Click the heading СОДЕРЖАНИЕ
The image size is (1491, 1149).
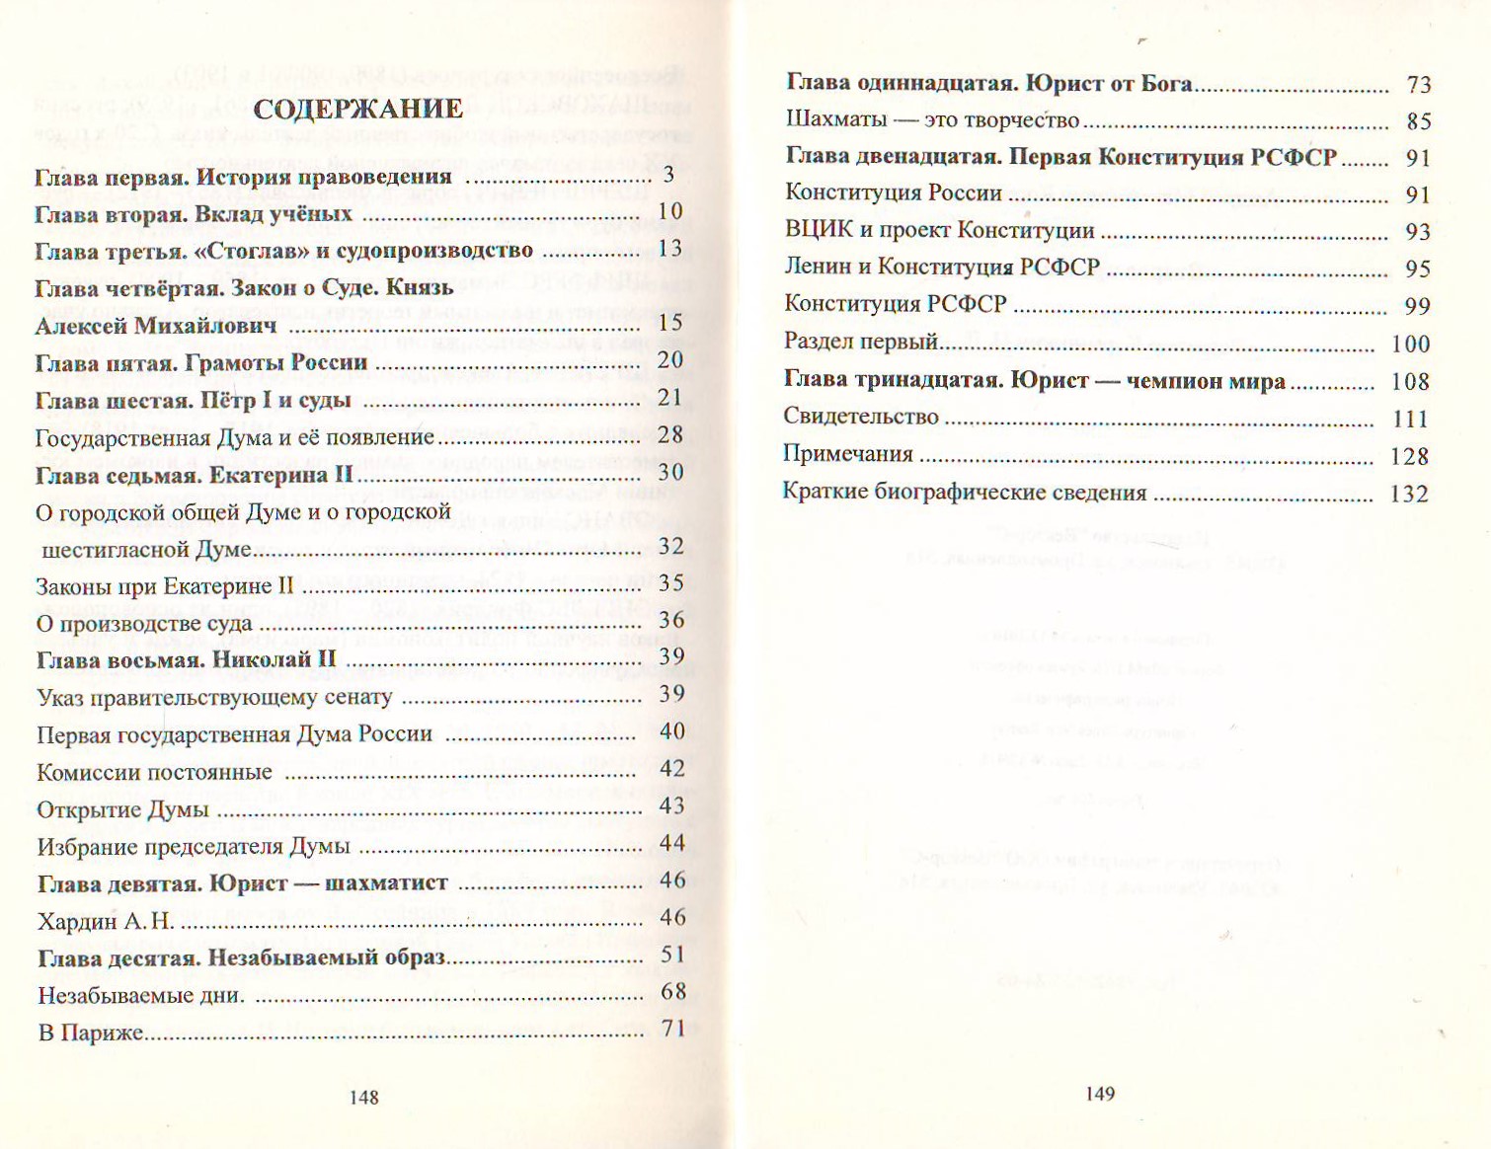pos(357,109)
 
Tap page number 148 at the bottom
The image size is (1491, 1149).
pos(363,1097)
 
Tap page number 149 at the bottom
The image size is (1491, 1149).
pos(1100,1093)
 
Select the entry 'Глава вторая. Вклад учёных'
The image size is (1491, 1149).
pos(194,214)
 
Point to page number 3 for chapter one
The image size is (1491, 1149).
pos(669,175)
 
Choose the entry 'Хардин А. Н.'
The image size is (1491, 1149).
pos(106,921)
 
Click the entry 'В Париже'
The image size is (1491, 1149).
pos(91,1033)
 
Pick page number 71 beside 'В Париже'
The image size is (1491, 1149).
pos(673,1029)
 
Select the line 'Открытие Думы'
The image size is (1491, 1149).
pos(122,810)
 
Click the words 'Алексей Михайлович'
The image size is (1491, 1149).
pos(156,326)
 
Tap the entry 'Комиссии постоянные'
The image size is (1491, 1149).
pos(154,773)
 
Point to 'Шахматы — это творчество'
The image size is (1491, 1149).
pos(932,120)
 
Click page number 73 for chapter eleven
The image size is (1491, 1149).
pos(1419,85)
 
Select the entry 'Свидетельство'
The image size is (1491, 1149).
pos(860,417)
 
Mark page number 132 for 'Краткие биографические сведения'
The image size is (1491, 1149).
pos(1409,494)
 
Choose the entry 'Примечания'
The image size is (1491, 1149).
pos(848,454)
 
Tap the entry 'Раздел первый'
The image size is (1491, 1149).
pos(860,343)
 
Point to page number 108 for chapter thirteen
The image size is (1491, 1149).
pos(1410,382)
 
